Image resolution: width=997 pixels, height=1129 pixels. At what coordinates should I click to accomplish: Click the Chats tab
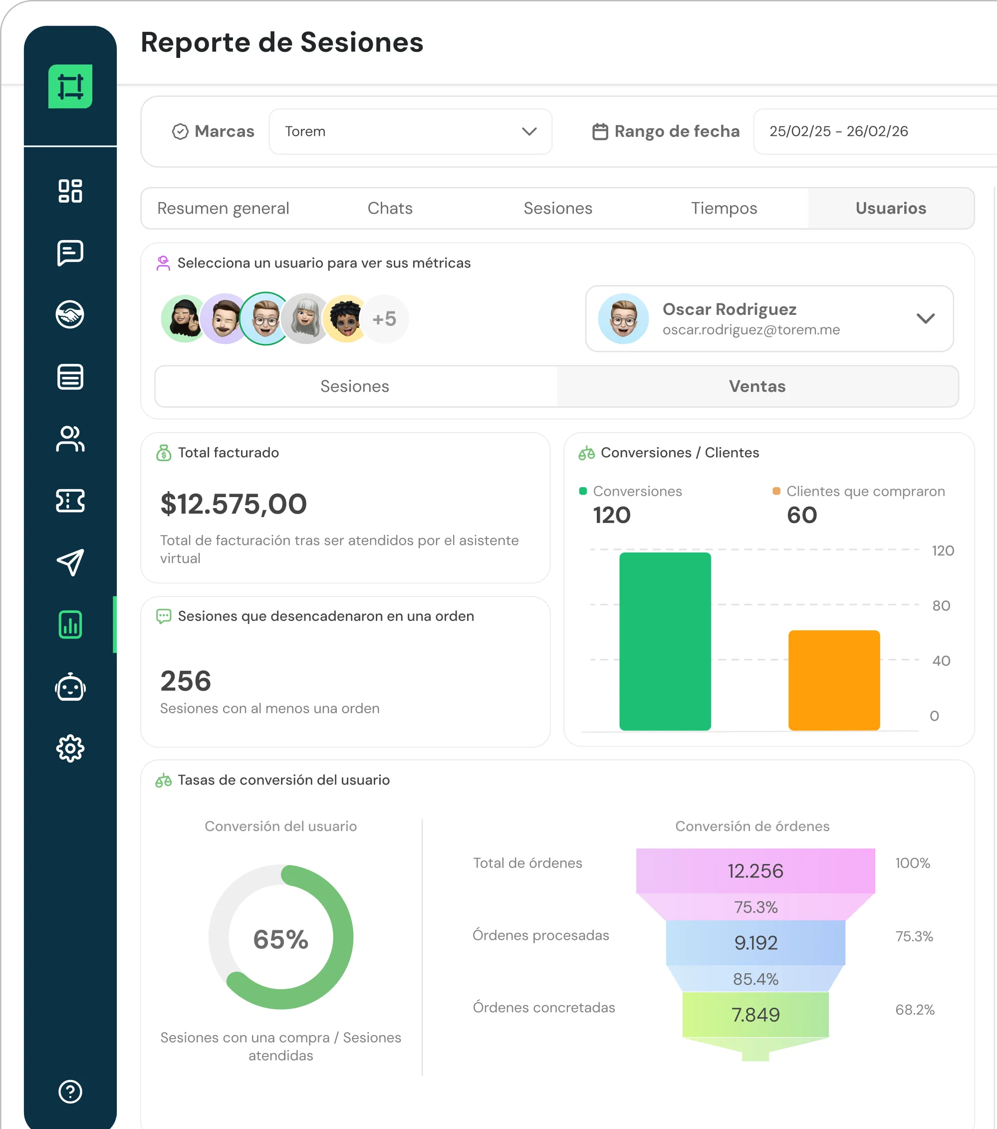pyautogui.click(x=390, y=208)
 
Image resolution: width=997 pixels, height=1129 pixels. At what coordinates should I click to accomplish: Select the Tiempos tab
pyautogui.click(x=724, y=208)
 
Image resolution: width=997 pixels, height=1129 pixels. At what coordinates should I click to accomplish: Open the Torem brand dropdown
pyautogui.click(x=410, y=131)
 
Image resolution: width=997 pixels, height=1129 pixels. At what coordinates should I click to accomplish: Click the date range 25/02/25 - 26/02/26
pyautogui.click(x=838, y=131)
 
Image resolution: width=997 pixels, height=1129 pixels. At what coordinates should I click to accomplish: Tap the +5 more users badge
pyautogui.click(x=384, y=319)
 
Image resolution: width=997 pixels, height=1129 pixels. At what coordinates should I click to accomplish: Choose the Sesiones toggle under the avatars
pyautogui.click(x=355, y=386)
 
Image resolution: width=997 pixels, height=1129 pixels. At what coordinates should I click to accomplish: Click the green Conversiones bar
pyautogui.click(x=665, y=641)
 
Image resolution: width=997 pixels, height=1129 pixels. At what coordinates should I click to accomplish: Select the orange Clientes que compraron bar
pyautogui.click(x=834, y=680)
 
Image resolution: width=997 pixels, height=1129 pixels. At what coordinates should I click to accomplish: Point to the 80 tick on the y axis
pyautogui.click(x=941, y=606)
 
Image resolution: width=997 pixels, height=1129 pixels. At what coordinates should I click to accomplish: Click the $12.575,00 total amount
pyautogui.click(x=234, y=504)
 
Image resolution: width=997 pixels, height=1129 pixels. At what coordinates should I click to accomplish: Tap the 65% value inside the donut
pyautogui.click(x=280, y=939)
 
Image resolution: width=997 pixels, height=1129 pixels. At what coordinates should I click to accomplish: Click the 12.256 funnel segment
pyautogui.click(x=755, y=871)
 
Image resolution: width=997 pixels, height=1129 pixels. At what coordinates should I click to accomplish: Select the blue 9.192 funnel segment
pyautogui.click(x=755, y=943)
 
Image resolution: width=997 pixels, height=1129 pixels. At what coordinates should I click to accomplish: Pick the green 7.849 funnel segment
pyautogui.click(x=755, y=1015)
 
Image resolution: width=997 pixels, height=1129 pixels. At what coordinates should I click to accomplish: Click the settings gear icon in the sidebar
pyautogui.click(x=70, y=749)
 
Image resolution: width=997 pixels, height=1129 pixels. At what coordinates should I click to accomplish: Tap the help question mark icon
pyautogui.click(x=70, y=1092)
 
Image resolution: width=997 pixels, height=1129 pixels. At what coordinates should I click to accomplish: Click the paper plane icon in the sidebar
pyautogui.click(x=70, y=563)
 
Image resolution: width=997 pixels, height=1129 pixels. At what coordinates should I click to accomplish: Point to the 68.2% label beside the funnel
pyautogui.click(x=915, y=1010)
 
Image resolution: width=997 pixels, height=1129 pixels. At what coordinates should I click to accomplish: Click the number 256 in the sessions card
pyautogui.click(x=186, y=680)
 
